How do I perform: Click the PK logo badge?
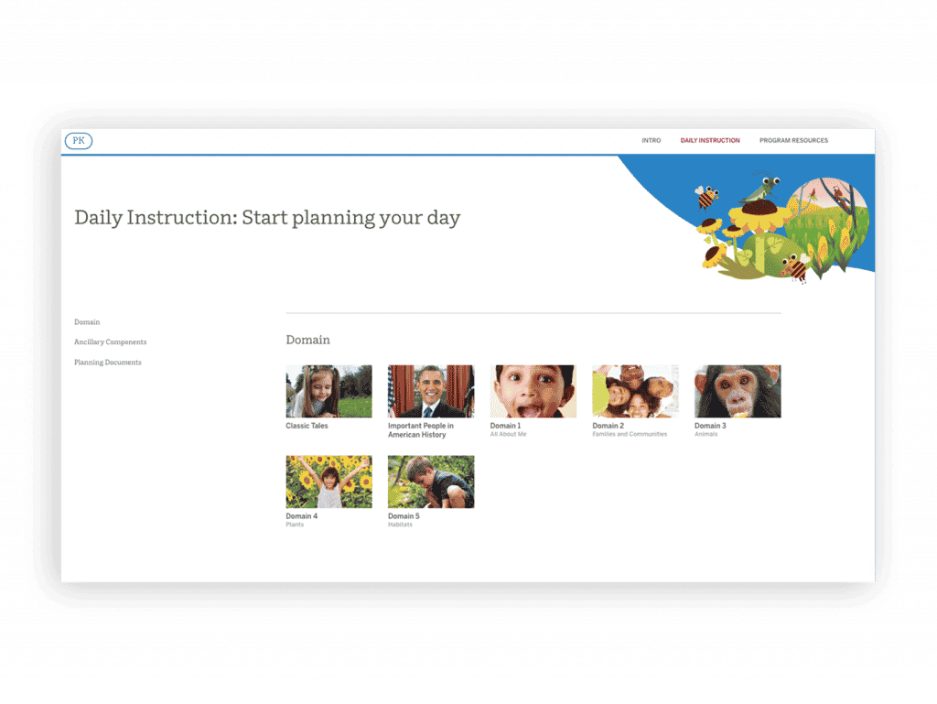pyautogui.click(x=79, y=140)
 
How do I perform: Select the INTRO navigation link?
pyautogui.click(x=651, y=140)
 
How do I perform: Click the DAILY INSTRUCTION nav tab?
pyautogui.click(x=710, y=140)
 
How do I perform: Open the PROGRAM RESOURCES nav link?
pyautogui.click(x=793, y=140)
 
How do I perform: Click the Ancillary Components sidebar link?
pyautogui.click(x=110, y=341)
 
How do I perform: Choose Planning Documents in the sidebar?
pyautogui.click(x=108, y=363)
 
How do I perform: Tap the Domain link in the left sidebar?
pyautogui.click(x=87, y=322)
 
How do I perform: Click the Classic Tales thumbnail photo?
pyautogui.click(x=328, y=392)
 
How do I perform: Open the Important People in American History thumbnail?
pyautogui.click(x=431, y=392)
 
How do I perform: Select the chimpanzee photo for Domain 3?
pyautogui.click(x=738, y=392)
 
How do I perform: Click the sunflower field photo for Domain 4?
pyautogui.click(x=328, y=482)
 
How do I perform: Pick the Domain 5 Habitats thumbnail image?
pyautogui.click(x=431, y=482)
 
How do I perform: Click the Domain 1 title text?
pyautogui.click(x=505, y=426)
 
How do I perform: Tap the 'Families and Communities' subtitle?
pyautogui.click(x=630, y=434)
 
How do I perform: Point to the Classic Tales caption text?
pyautogui.click(x=307, y=426)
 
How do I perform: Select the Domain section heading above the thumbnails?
pyautogui.click(x=307, y=340)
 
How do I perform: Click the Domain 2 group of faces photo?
pyautogui.click(x=635, y=392)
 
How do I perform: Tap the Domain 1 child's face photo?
pyautogui.click(x=533, y=392)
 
